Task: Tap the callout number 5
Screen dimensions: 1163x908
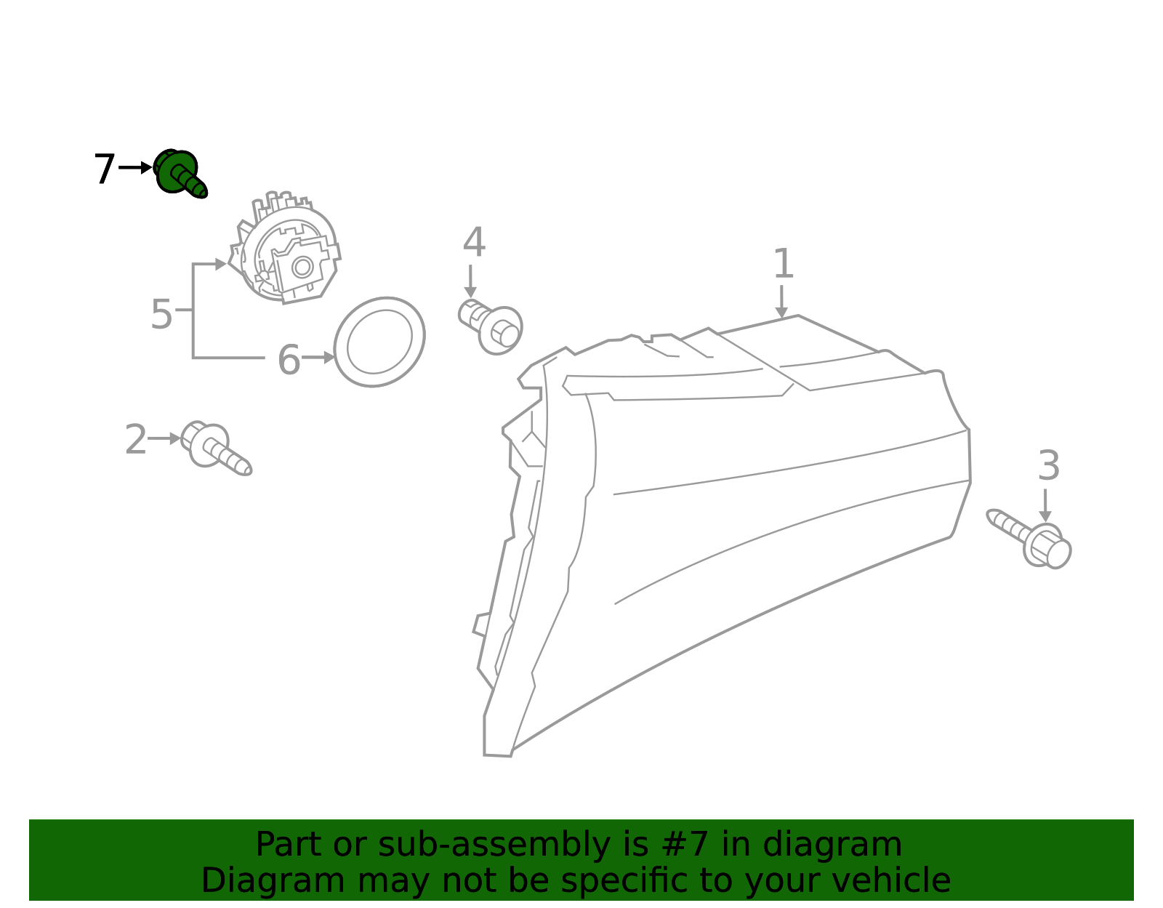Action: point(161,314)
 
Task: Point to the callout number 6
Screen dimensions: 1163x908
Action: point(289,360)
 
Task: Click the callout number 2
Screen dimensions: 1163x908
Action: point(135,440)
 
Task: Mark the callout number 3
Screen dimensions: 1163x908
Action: point(1048,465)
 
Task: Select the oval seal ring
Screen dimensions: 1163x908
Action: point(379,342)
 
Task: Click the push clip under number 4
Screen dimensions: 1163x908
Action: point(492,326)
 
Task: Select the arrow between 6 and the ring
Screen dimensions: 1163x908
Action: point(318,358)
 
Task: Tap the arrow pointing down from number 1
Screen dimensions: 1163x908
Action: point(781,301)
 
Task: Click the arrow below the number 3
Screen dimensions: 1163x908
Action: point(1045,505)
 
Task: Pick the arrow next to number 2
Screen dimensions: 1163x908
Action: point(165,439)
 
